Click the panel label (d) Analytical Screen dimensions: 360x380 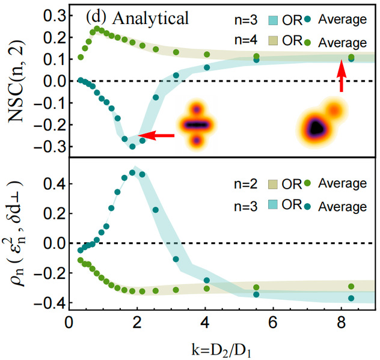coord(136,18)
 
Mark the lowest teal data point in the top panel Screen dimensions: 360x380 coord(132,146)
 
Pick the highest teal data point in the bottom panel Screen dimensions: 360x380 coord(132,172)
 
